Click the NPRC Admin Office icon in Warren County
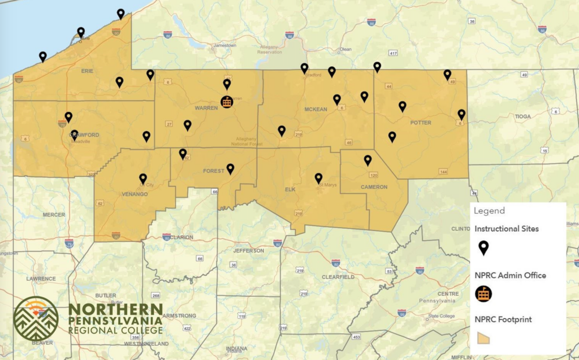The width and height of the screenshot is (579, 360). (226, 102)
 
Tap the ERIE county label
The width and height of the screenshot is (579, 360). (88, 71)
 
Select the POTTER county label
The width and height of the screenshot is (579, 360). (421, 123)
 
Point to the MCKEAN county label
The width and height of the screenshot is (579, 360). (316, 109)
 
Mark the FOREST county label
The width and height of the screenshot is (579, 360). (214, 170)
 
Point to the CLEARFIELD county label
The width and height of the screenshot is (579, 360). (338, 277)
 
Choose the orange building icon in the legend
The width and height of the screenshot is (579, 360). (483, 294)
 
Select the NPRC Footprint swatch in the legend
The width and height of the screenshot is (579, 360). (484, 337)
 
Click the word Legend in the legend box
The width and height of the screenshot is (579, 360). (489, 211)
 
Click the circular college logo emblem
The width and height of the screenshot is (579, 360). (36, 319)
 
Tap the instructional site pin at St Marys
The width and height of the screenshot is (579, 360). (318, 179)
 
